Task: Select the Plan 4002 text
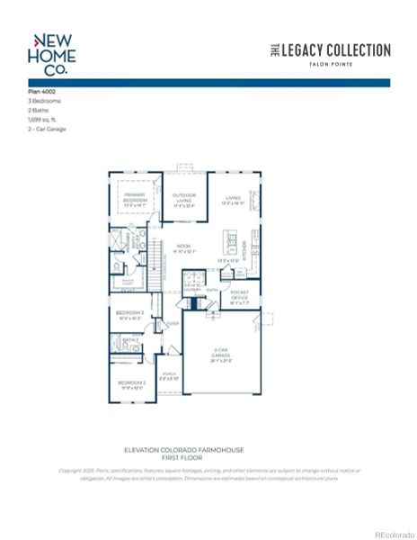coord(42,93)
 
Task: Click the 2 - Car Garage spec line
coord(47,129)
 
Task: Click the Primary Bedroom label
coord(135,197)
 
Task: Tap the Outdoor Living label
coord(184,200)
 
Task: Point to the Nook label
coord(183,247)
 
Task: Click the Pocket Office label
coord(238,297)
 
